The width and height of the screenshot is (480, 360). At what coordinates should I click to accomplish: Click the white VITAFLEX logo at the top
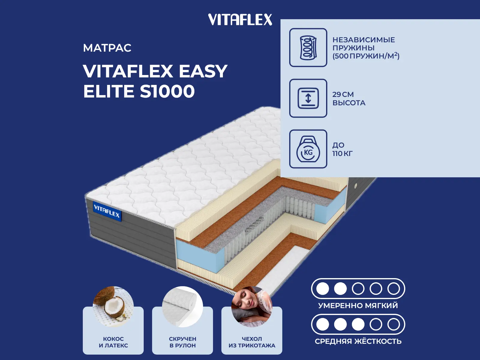click(240, 20)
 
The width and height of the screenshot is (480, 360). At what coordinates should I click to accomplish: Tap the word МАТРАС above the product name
click(107, 48)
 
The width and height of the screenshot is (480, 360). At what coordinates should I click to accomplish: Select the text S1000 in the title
click(167, 91)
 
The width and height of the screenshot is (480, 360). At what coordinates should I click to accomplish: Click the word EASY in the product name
click(203, 71)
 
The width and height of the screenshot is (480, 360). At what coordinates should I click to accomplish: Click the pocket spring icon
click(308, 47)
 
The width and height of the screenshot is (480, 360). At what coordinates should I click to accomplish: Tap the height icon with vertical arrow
click(308, 98)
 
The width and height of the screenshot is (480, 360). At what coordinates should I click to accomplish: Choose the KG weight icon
click(308, 149)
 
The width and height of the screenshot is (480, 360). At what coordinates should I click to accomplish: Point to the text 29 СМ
click(343, 94)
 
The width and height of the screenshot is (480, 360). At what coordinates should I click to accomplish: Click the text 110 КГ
click(343, 153)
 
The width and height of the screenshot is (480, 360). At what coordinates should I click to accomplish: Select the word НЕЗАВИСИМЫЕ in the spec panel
click(364, 40)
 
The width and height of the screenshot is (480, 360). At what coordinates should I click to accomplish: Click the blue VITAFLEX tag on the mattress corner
click(107, 212)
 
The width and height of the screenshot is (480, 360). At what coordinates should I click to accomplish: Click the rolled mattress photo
click(182, 306)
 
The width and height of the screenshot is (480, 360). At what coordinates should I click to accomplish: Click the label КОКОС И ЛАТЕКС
click(113, 342)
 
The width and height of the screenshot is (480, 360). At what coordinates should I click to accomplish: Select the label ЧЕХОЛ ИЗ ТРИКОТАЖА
click(252, 342)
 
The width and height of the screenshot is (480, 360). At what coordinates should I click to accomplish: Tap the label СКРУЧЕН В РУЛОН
click(183, 342)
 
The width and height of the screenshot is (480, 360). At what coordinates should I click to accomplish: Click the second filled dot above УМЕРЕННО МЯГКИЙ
click(340, 289)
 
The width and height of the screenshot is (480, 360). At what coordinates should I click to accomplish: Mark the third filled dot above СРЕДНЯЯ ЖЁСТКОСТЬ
click(358, 324)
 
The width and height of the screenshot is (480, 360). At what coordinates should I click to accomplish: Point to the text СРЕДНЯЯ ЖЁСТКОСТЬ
click(358, 341)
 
